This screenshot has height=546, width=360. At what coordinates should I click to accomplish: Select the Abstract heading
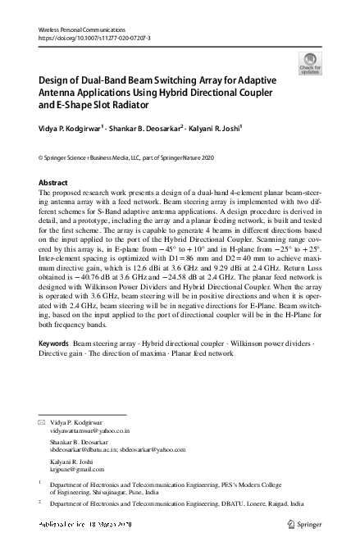[x=54, y=182]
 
